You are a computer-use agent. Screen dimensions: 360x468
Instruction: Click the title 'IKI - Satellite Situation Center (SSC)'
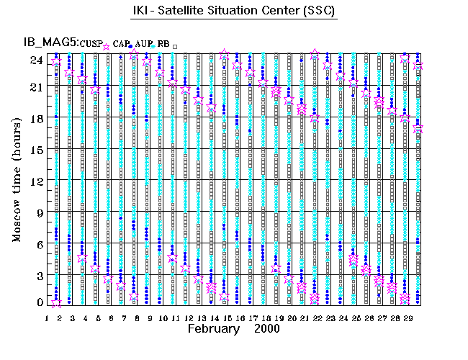tap(234, 12)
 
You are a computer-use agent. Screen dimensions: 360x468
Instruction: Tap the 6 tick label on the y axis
tap(38, 244)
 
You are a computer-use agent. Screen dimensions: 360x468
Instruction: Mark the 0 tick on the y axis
tap(38, 303)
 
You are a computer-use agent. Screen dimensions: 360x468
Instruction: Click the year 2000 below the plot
tap(267, 329)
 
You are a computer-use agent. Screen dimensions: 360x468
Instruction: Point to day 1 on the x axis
tap(47, 318)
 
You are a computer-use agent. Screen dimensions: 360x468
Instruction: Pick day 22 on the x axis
tap(316, 318)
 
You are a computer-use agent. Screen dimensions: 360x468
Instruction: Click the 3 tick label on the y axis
tap(38, 275)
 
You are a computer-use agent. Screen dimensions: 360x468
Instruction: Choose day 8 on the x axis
tap(136, 318)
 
